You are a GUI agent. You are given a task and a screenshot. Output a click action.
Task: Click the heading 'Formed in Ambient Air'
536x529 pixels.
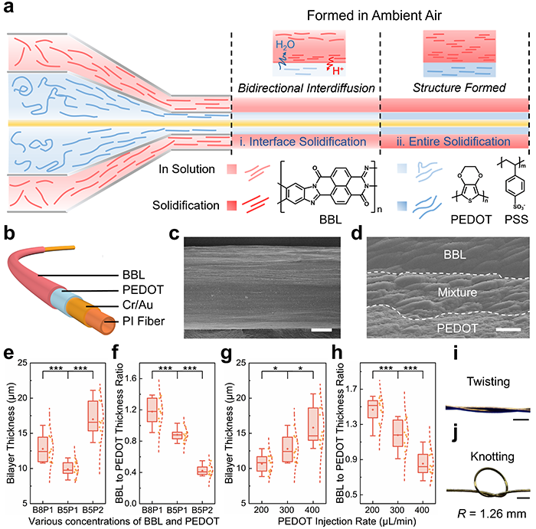coord(380,15)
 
